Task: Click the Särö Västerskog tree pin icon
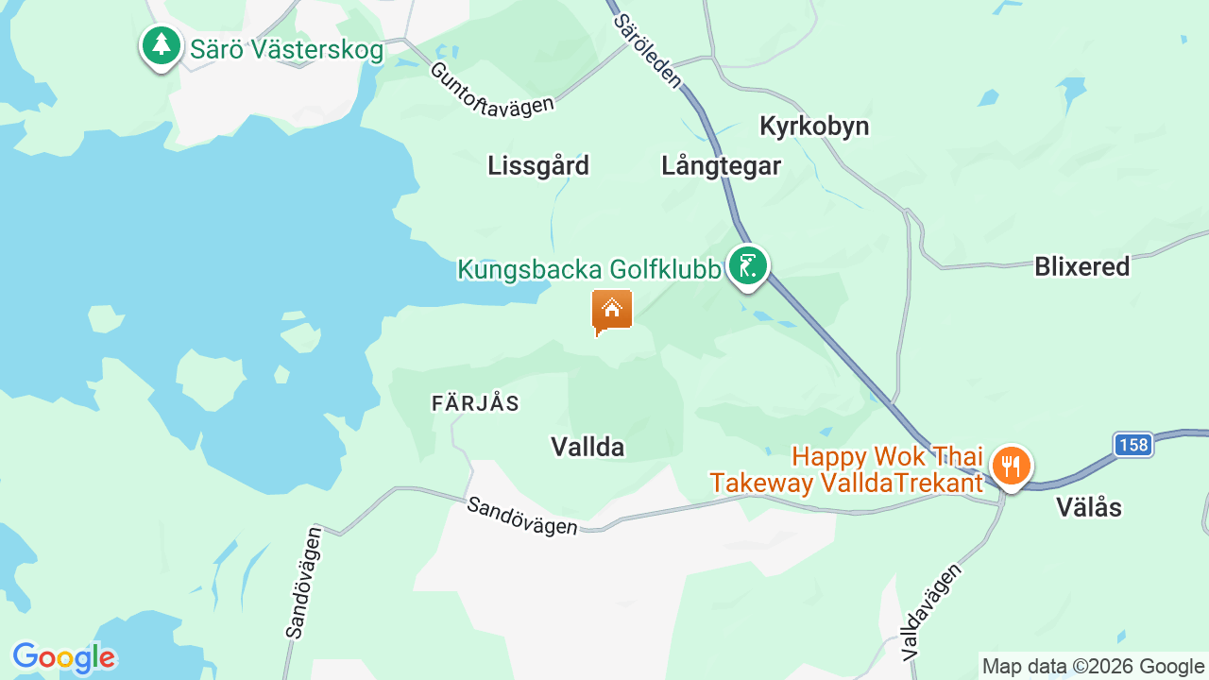click(162, 45)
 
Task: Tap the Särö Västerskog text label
click(287, 50)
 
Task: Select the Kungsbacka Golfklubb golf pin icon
click(747, 265)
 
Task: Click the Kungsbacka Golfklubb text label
click(589, 270)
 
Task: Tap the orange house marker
click(612, 310)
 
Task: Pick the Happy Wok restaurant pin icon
click(1011, 466)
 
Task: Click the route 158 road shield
click(1132, 445)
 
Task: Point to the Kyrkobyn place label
click(814, 127)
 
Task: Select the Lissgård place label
click(538, 166)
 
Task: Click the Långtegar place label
click(721, 166)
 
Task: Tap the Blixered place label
click(1081, 267)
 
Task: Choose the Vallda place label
click(587, 447)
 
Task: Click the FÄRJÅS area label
click(475, 403)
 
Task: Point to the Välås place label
click(1088, 508)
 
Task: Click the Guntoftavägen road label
click(491, 90)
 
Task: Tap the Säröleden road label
click(647, 51)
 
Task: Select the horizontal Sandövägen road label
click(522, 517)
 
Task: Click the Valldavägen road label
click(930, 612)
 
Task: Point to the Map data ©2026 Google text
click(1093, 667)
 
